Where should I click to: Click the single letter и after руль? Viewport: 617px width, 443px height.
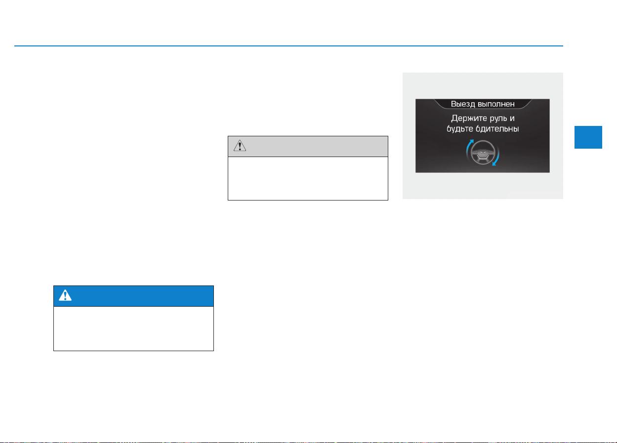coord(512,119)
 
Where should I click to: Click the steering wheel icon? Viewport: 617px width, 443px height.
coord(483,153)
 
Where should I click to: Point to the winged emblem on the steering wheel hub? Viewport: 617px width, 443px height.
coord(483,152)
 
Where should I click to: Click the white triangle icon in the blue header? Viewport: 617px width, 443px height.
coord(65,295)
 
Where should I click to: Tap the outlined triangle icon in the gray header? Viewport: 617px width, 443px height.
coord(240,146)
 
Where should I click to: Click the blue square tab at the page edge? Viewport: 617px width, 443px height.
coord(588,137)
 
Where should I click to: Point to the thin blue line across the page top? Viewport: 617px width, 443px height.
coord(288,46)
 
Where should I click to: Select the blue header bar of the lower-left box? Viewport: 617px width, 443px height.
coord(133,296)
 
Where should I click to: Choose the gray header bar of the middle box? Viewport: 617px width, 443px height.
coord(308,147)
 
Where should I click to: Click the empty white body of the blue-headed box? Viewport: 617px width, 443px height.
coord(133,328)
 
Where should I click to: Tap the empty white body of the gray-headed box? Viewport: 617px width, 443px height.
coord(308,178)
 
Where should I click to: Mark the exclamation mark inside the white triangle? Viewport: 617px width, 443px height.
coord(65,296)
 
